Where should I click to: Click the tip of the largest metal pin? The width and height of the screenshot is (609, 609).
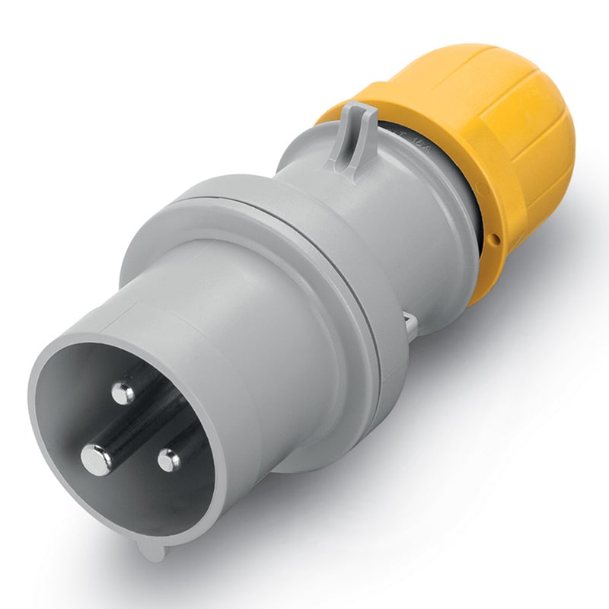(x=97, y=459)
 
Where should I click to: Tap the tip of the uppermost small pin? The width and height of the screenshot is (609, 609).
(x=122, y=393)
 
